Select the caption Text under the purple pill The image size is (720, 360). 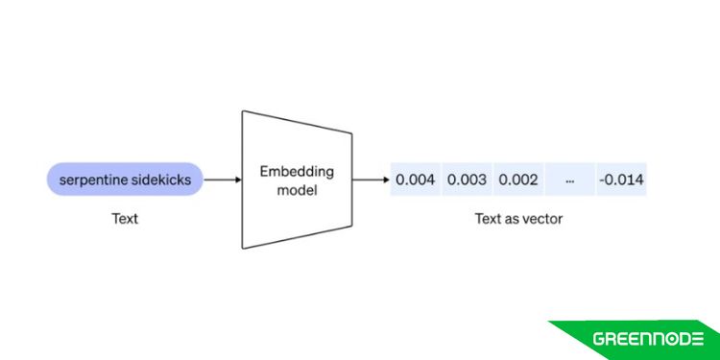[125, 219]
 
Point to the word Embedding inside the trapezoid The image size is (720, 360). [297, 171]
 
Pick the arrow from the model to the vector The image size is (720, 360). [370, 180]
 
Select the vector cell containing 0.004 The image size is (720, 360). [416, 180]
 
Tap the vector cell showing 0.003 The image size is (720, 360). [468, 180]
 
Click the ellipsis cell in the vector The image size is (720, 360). [570, 180]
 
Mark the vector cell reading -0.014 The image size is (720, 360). [621, 180]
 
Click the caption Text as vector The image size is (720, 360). [518, 219]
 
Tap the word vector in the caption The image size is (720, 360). [542, 219]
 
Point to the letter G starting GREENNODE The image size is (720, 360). [599, 339]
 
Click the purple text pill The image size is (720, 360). [125, 180]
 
